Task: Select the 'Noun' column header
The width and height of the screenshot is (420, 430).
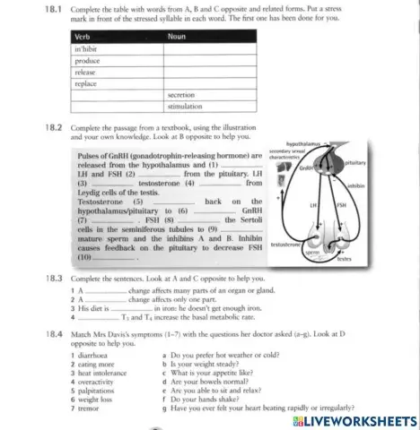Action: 177,37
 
